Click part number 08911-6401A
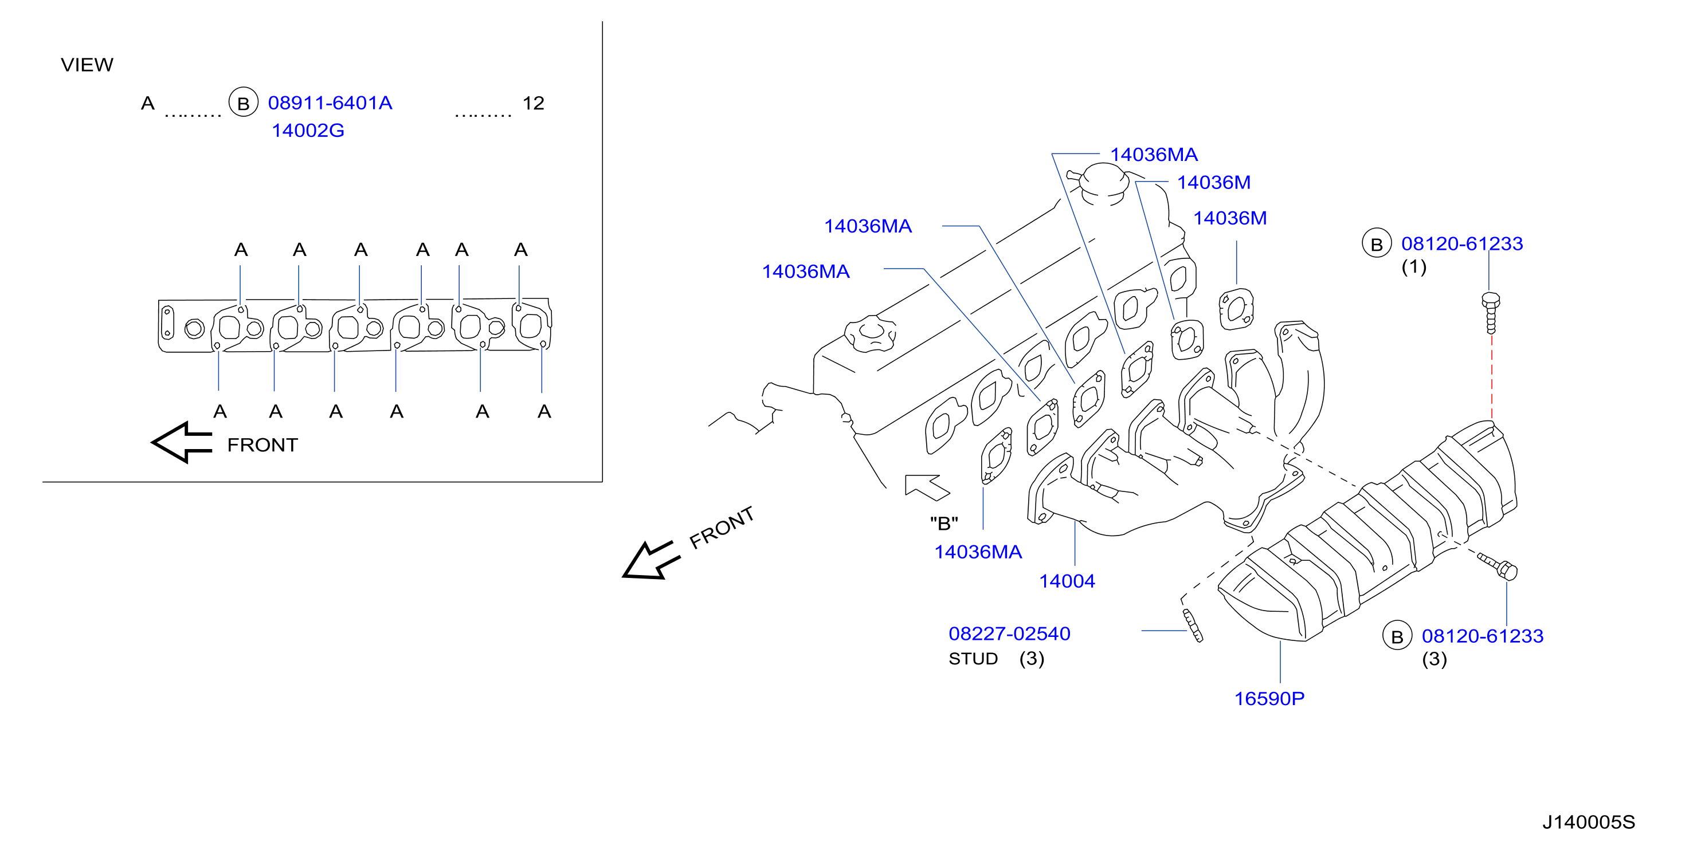(x=330, y=103)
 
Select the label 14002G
(x=308, y=131)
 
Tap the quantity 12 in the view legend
(x=534, y=103)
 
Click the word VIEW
(x=87, y=65)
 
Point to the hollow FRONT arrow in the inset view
(x=182, y=442)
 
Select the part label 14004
(x=1067, y=581)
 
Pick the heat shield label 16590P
(x=1269, y=698)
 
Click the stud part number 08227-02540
(x=1010, y=633)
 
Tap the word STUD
(x=973, y=659)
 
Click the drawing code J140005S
(x=1589, y=823)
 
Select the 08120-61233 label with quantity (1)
(x=1462, y=243)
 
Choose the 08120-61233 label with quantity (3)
(x=1483, y=636)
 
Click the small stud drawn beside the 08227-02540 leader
(x=1193, y=625)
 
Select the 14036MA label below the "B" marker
(x=978, y=552)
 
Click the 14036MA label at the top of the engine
(x=1154, y=155)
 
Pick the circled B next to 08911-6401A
(x=243, y=103)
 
